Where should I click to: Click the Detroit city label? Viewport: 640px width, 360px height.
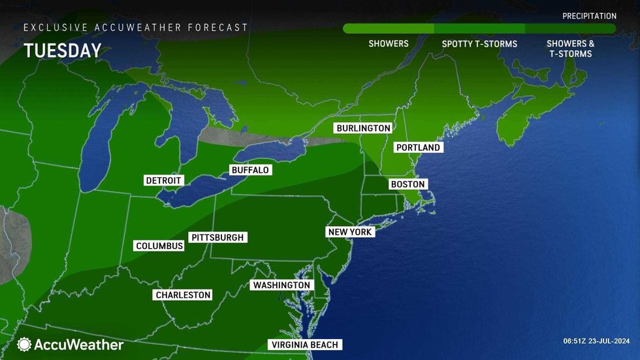164,180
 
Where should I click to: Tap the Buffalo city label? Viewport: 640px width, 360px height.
250,170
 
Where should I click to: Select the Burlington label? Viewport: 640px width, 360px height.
363,128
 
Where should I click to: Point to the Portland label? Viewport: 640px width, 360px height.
419,148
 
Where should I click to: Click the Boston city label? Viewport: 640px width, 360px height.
408,184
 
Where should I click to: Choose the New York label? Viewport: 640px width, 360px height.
350,232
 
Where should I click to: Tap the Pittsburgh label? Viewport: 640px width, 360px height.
217,237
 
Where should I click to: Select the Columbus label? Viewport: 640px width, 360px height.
159,246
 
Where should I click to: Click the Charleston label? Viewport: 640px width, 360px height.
183,295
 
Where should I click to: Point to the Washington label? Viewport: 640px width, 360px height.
281,286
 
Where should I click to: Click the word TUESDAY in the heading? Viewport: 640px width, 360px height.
63,51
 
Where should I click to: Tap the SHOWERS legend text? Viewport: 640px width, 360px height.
389,44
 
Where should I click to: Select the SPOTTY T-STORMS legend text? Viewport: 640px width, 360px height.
479,44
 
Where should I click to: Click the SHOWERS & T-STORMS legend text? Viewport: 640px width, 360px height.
571,48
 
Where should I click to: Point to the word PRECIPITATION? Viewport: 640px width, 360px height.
589,16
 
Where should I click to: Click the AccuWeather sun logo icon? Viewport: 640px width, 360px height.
25,344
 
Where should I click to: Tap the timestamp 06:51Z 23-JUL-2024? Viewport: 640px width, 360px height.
598,341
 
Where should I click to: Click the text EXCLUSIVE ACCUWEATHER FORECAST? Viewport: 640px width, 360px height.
136,27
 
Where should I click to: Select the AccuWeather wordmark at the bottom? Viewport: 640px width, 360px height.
79,344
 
